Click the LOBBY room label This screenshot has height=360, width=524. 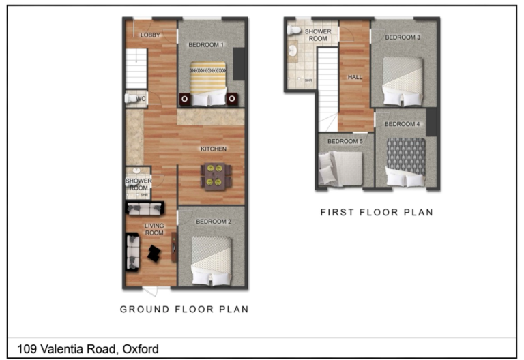pos(150,35)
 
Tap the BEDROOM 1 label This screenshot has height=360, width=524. pos(206,45)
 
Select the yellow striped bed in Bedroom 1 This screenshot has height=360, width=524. pos(208,83)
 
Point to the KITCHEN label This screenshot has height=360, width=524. pos(214,149)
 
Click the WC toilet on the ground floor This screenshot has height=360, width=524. pos(131,99)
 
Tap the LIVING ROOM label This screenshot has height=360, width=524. pos(154,229)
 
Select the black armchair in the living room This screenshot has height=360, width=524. pos(154,254)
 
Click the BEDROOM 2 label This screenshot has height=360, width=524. pos(214,222)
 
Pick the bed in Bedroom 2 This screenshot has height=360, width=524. pos(212,261)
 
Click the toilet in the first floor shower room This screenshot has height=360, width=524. pos(294,31)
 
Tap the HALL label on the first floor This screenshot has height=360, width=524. pos(355,77)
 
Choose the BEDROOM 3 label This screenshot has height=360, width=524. pos(403,37)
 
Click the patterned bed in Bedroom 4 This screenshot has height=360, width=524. pos(406,162)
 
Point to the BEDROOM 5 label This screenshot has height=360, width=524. pos(345,141)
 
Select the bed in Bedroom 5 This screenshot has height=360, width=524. pos(340,168)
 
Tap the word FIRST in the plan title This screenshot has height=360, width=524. pos(337,213)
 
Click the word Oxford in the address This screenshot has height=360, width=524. pos(141,349)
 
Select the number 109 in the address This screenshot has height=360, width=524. pos(27,349)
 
